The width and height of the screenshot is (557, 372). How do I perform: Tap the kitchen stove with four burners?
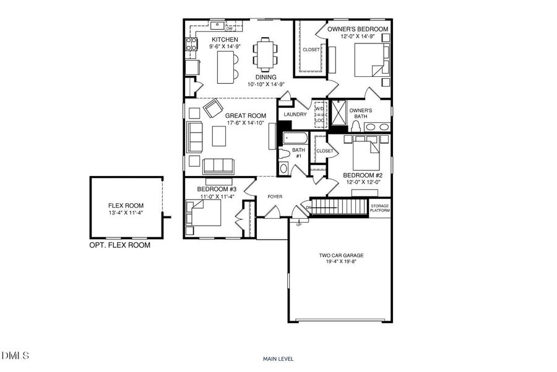pyautogui.click(x=191, y=45)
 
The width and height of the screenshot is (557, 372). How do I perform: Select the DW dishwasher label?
pyautogui.click(x=229, y=29)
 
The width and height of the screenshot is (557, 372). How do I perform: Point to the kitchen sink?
pyautogui.click(x=217, y=25)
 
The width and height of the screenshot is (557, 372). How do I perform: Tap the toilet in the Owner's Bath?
pyautogui.click(x=356, y=126)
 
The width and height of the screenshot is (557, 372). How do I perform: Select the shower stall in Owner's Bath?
pyautogui.click(x=338, y=113)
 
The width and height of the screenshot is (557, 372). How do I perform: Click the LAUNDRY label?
pyautogui.click(x=295, y=115)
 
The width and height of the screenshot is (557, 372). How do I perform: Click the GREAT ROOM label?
pyautogui.click(x=245, y=115)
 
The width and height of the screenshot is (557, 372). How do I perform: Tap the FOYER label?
pyautogui.click(x=275, y=197)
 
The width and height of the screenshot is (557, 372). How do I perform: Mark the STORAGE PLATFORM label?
pyautogui.click(x=380, y=208)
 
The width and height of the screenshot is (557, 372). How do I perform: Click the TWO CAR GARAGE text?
pyautogui.click(x=341, y=255)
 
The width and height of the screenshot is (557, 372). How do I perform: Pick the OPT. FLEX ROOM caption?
pyautogui.click(x=120, y=245)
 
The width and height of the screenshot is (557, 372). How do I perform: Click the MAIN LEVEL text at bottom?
pyautogui.click(x=278, y=358)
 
